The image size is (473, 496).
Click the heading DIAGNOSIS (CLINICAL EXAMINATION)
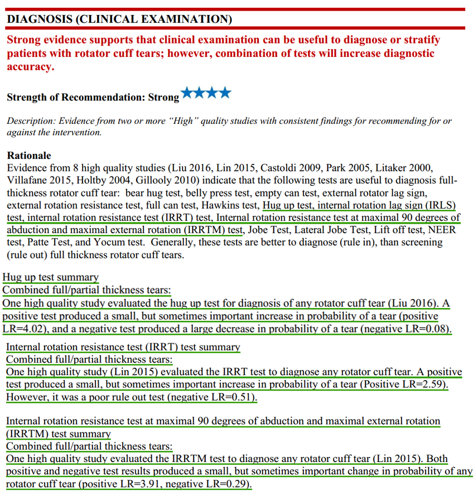[x=119, y=20]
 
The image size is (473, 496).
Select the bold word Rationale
[x=29, y=156]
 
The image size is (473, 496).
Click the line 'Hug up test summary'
[x=51, y=277]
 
